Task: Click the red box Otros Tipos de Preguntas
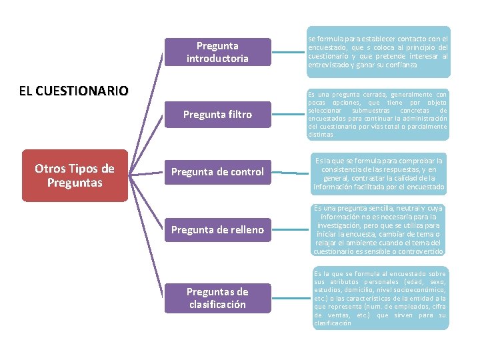(74, 175)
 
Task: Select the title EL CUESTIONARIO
(74, 91)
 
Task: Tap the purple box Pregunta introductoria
(217, 52)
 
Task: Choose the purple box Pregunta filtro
(217, 115)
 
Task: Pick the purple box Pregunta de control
(217, 172)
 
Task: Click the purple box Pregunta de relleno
(217, 230)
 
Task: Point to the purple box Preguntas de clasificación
(217, 298)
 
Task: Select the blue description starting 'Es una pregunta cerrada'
(378, 115)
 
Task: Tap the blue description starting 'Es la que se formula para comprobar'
(378, 174)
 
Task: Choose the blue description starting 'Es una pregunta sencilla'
(378, 230)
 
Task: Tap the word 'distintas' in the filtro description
(321, 135)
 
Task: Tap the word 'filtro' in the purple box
(237, 115)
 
